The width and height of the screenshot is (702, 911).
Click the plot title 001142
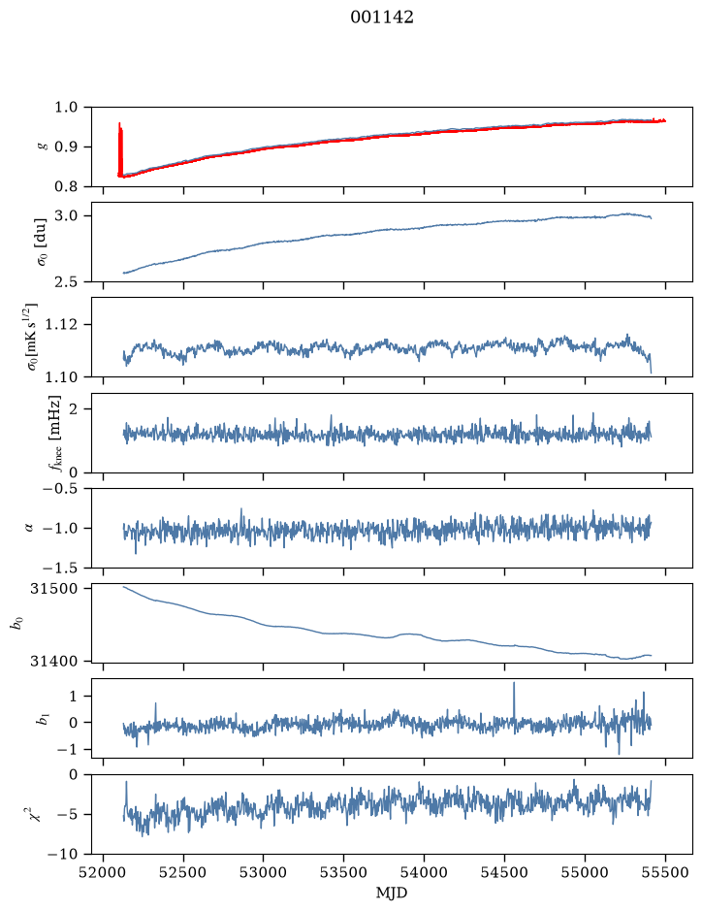tap(382, 17)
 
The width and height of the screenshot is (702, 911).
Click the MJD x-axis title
tap(392, 893)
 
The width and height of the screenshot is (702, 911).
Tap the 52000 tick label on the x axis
tap(104, 872)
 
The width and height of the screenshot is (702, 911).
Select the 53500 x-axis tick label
tap(344, 872)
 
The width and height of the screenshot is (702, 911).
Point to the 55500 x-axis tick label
tap(665, 872)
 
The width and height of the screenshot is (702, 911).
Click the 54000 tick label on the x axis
tap(424, 872)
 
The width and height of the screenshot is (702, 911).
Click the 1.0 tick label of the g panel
tap(66, 108)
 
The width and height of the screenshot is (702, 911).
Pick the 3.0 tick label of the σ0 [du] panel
tap(66, 215)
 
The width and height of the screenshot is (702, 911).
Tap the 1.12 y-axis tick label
tap(61, 324)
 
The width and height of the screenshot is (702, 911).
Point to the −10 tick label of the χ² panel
tap(64, 854)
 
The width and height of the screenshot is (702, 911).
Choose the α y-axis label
tap(30, 528)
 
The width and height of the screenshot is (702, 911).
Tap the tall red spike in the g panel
tap(120, 148)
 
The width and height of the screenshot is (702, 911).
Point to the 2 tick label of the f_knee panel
tap(73, 409)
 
